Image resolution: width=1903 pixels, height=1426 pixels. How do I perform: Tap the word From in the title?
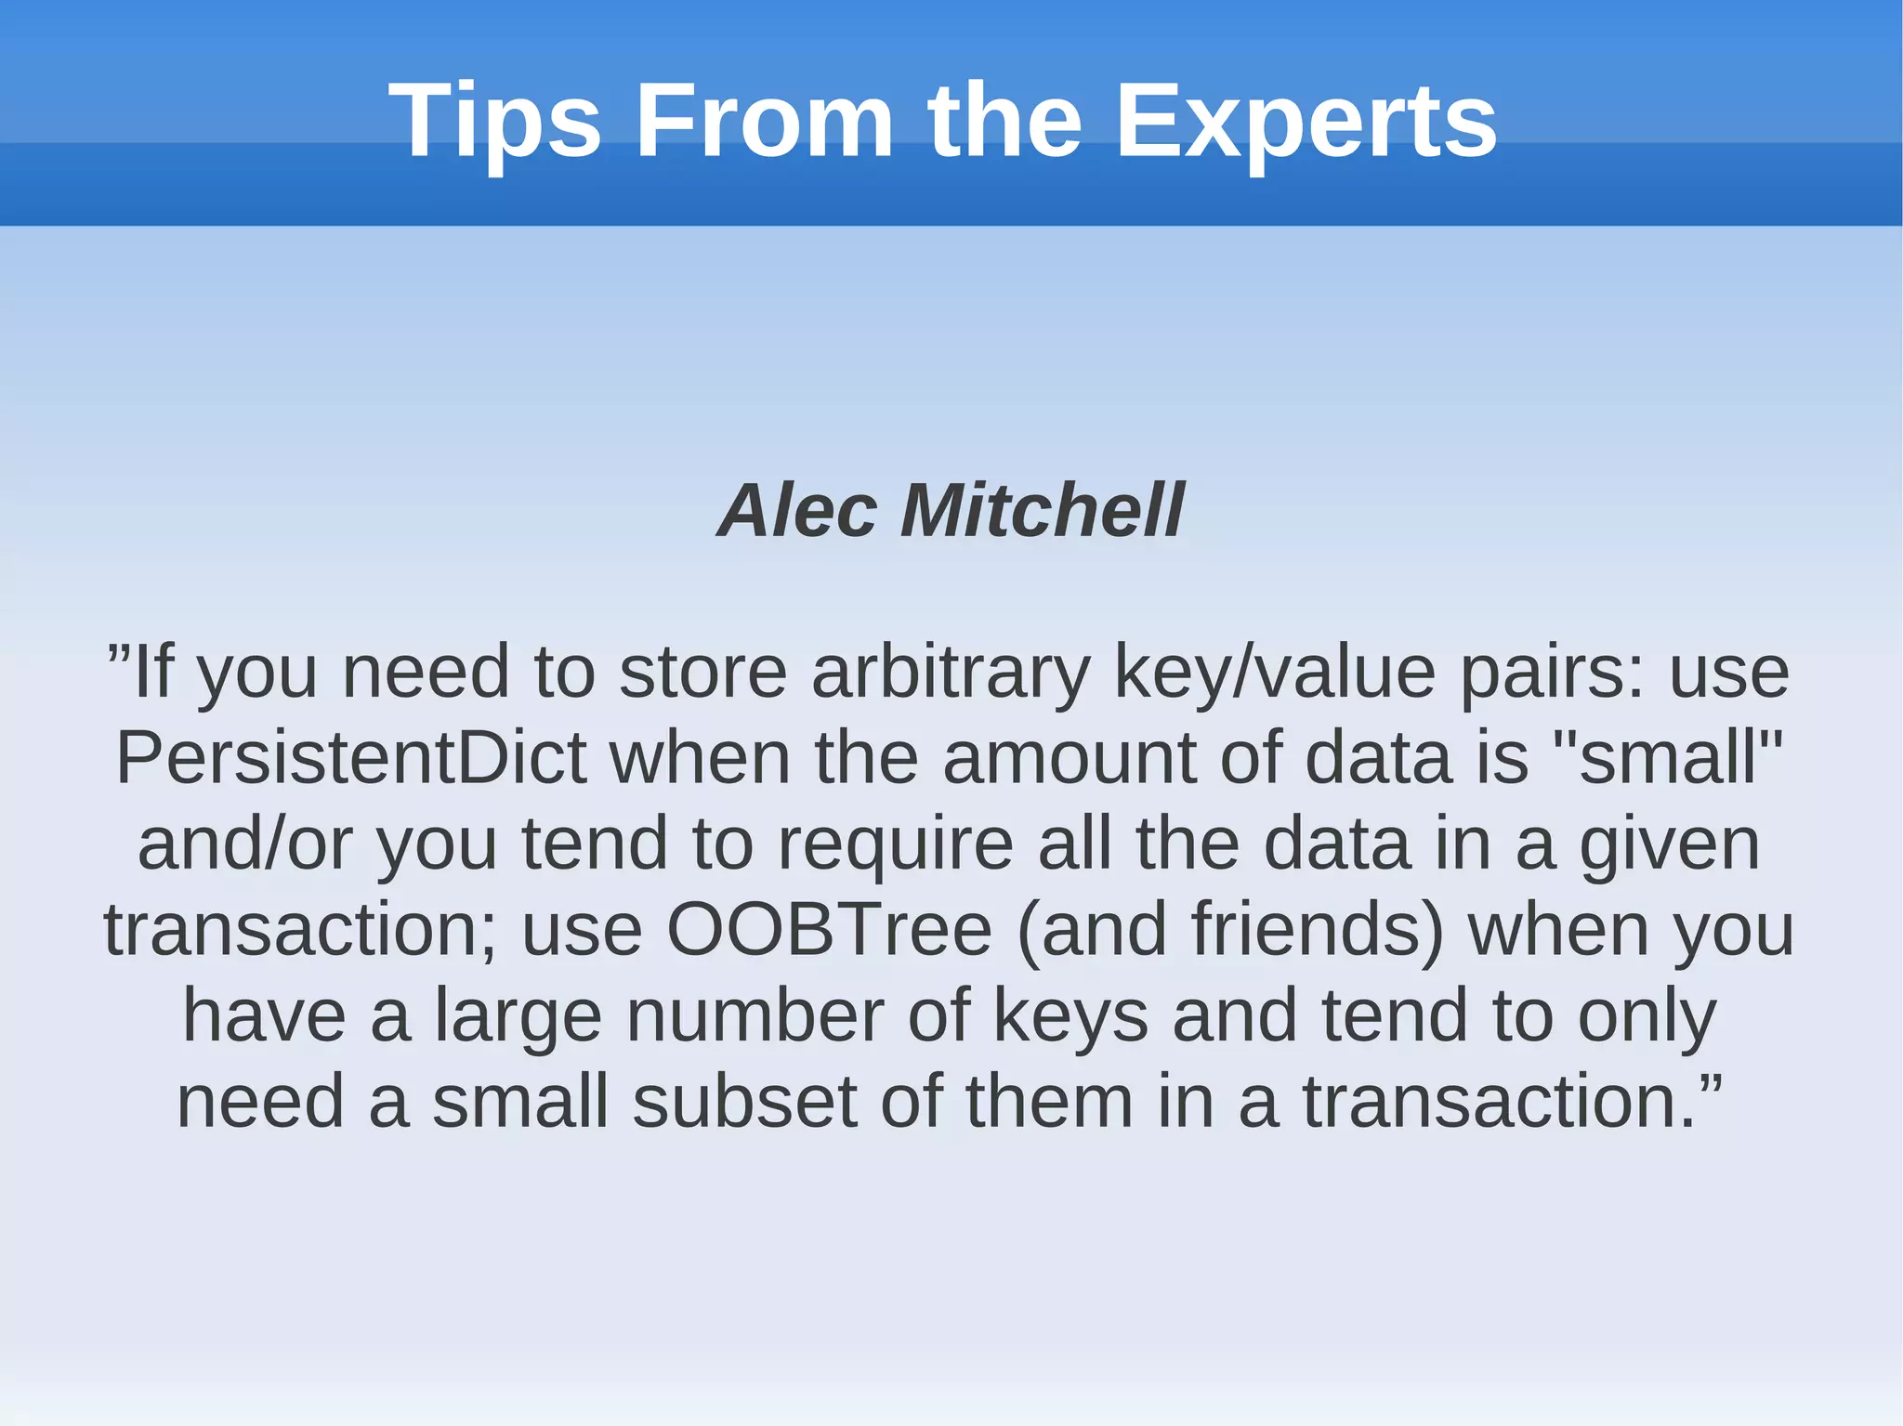764,121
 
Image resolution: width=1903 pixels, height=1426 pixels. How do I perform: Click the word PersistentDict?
351,758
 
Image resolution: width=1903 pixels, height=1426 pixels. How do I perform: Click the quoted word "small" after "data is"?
1668,758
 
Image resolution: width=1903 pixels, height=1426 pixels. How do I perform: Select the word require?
895,844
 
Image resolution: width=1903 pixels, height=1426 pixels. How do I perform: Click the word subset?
744,1101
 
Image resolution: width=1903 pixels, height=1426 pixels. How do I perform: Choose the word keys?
1070,1015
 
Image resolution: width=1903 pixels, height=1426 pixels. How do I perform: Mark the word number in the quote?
755,1015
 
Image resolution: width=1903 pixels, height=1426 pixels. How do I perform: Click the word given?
1670,844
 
